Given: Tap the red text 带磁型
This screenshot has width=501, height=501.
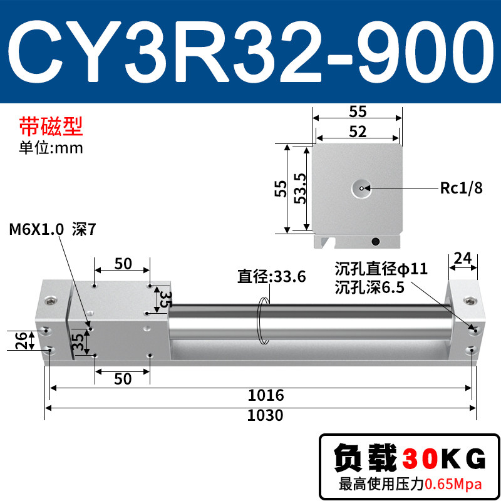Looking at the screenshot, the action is pos(51,127).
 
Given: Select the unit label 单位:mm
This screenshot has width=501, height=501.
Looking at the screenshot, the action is pos(51,148).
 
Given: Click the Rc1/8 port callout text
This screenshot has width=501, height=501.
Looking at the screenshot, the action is pos(461,188).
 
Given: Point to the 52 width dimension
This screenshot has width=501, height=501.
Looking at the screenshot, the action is pos(358,132).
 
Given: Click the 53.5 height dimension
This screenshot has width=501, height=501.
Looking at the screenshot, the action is pos(301,189).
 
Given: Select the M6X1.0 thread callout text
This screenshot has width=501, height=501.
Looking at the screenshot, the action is pos(36,229).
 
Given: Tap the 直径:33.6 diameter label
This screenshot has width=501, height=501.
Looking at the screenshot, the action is pos(272,276).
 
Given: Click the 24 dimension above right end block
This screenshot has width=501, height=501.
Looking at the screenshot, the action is pos(463,258).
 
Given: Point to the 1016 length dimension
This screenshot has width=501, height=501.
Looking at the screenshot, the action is pos(266,395).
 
